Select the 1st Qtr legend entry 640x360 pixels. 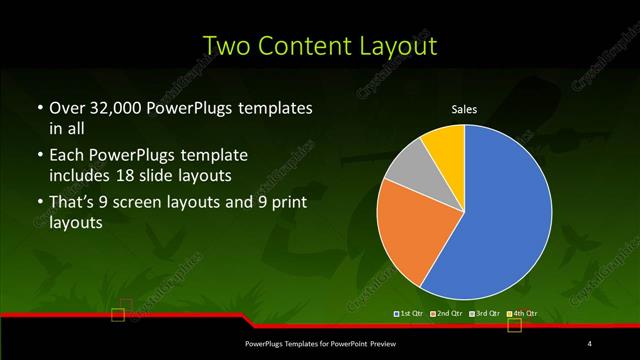click(411, 315)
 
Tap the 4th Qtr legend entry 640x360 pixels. click(524, 315)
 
